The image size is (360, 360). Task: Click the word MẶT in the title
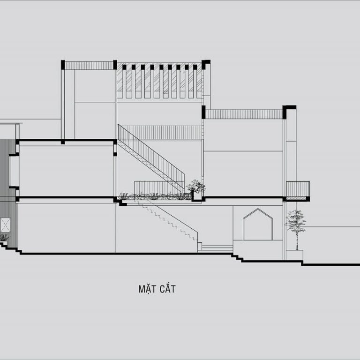click(x=146, y=289)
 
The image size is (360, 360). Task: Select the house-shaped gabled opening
click(x=258, y=224)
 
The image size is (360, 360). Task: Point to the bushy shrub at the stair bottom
click(x=196, y=186)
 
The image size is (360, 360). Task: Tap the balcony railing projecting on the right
click(x=298, y=189)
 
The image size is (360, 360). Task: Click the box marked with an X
click(x=5, y=225)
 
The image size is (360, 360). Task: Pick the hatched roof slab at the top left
click(x=89, y=66)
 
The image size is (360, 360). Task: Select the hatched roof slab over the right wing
click(x=244, y=114)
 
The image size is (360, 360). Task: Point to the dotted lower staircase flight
click(x=165, y=220)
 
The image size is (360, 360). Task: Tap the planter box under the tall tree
click(x=295, y=255)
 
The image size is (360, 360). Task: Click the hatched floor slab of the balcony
click(x=296, y=198)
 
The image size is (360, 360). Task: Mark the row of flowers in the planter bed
click(x=154, y=196)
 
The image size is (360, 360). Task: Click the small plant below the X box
click(x=4, y=237)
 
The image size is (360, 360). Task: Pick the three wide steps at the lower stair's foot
click(x=217, y=247)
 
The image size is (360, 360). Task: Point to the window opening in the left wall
click(x=14, y=171)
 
